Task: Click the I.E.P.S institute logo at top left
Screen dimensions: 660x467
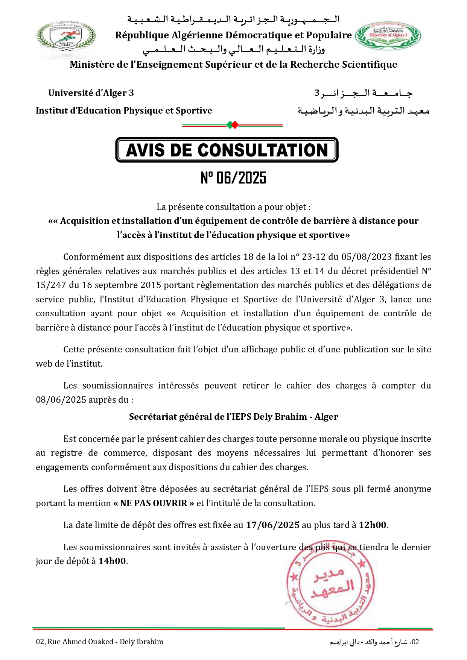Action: click(x=66, y=39)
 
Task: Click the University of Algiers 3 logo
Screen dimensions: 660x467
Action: click(x=388, y=36)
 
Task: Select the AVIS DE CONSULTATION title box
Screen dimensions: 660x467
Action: click(x=227, y=150)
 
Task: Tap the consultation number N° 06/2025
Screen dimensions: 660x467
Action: click(x=233, y=178)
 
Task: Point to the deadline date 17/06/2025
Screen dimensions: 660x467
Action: click(x=273, y=525)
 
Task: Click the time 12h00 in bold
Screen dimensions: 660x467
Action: click(x=373, y=525)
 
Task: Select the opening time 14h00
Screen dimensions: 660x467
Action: click(x=112, y=561)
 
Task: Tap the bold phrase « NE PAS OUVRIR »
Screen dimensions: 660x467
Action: click(x=154, y=503)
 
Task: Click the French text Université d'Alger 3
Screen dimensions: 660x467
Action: click(x=91, y=93)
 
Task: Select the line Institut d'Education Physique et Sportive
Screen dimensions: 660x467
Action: click(x=124, y=111)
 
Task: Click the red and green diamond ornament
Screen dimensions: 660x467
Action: click(x=233, y=125)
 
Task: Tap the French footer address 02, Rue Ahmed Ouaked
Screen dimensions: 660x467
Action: click(x=100, y=642)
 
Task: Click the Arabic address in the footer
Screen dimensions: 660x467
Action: click(x=374, y=642)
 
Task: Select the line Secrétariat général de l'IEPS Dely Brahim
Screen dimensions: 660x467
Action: click(x=233, y=417)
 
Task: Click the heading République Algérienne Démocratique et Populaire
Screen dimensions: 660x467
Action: click(x=233, y=35)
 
